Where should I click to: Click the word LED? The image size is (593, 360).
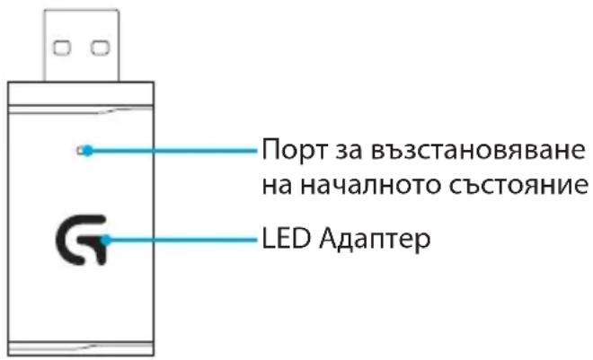286,239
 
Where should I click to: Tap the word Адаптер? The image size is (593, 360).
375,240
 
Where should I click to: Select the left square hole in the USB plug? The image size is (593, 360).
62,48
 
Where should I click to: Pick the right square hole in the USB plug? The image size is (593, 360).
101,48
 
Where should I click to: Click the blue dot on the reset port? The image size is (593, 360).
88,151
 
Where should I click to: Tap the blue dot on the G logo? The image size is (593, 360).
106,240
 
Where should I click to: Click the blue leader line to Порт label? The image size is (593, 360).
173,151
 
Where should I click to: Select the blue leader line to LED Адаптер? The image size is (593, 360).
181,240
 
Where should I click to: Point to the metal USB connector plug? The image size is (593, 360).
81,45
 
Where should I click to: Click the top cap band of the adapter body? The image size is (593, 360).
81,93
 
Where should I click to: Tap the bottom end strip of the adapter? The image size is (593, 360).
81,348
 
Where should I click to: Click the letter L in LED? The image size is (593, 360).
269,239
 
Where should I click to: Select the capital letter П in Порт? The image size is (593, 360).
270,149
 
